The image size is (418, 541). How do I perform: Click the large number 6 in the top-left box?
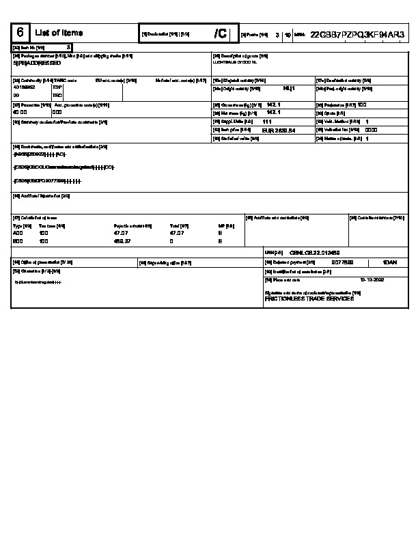coord(20,33)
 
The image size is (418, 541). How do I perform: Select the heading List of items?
coord(59,33)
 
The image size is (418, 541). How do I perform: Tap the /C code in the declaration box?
coord(220,33)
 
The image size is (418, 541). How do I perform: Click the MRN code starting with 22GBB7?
coord(357,33)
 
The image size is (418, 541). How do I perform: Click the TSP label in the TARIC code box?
coord(57,87)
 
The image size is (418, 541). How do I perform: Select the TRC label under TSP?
coord(57,96)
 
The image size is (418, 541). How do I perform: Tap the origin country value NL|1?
coord(288,88)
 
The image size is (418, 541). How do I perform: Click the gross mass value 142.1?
coord(273,105)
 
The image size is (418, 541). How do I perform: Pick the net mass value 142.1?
coord(273,112)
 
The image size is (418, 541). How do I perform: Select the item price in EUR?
coord(279,130)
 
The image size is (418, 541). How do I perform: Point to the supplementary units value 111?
coord(267,121)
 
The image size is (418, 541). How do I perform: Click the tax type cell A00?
coord(18,233)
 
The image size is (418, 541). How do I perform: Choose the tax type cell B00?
coord(18,241)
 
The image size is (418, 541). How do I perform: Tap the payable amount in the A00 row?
coord(120,233)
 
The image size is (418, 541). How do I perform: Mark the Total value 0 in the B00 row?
coord(171,241)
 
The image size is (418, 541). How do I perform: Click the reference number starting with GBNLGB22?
coord(310,252)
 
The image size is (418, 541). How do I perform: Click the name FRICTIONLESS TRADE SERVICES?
coord(309,299)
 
